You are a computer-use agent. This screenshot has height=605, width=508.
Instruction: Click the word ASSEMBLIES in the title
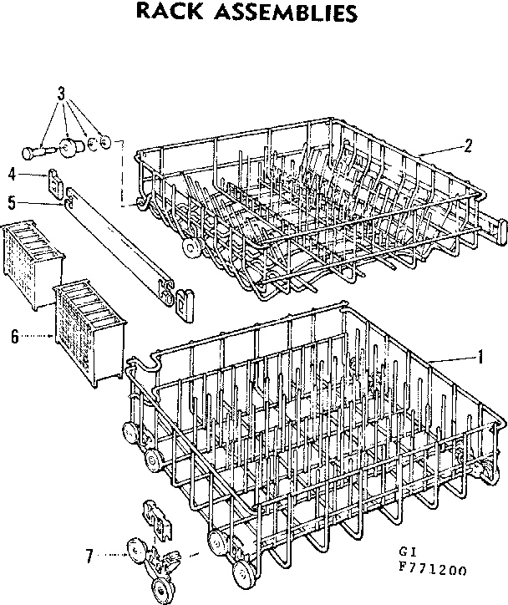pyautogui.click(x=279, y=13)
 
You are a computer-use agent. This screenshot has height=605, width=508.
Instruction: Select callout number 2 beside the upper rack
pyautogui.click(x=468, y=145)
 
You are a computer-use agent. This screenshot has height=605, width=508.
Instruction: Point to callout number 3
pyautogui.click(x=61, y=93)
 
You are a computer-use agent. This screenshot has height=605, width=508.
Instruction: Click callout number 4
pyautogui.click(x=12, y=174)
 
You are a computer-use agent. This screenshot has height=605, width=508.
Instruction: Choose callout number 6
pyautogui.click(x=14, y=336)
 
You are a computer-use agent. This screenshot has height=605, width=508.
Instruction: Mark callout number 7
pyautogui.click(x=90, y=552)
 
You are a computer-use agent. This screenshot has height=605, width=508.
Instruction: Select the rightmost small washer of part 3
pyautogui.click(x=104, y=141)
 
